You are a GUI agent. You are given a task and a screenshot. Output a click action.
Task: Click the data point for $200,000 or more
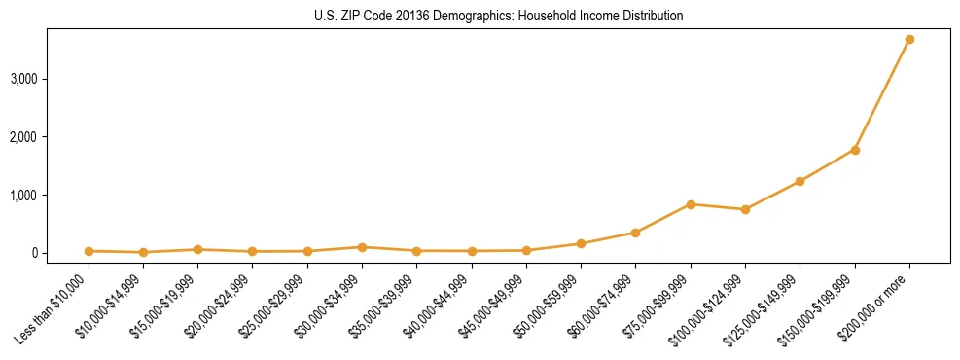[x=909, y=40]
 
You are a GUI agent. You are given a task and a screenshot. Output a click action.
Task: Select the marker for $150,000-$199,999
[x=855, y=150]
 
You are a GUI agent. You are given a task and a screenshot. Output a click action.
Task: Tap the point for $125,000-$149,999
[x=800, y=181]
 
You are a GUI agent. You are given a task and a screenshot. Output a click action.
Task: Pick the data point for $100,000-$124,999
[x=745, y=209]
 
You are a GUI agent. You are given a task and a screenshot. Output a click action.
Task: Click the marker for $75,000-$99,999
[x=691, y=204]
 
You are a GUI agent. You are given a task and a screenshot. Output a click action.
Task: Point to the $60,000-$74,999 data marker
[x=635, y=233]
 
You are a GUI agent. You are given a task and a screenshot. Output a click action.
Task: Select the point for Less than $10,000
[x=89, y=251]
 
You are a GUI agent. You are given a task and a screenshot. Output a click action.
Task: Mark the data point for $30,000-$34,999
[x=362, y=247]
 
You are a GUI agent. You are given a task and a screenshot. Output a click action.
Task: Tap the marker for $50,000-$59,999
[x=581, y=244]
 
